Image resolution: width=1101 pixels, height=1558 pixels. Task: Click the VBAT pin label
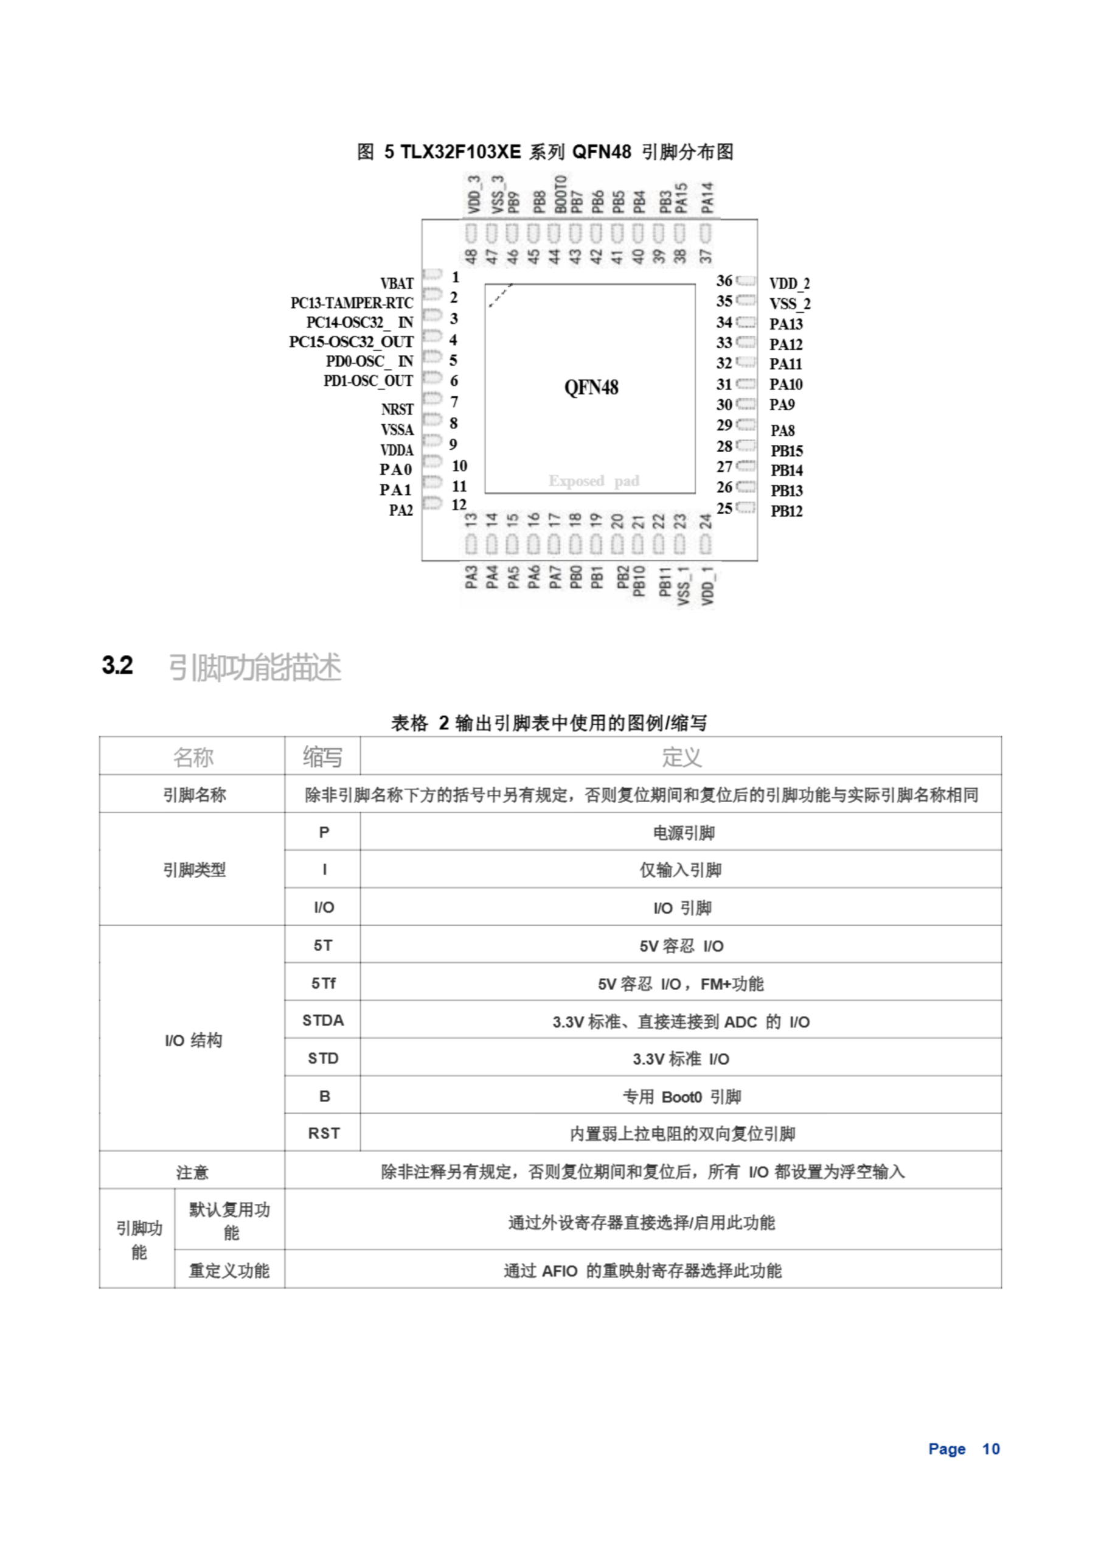click(x=396, y=284)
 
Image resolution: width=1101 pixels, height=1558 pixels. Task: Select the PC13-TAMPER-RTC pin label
click(x=352, y=302)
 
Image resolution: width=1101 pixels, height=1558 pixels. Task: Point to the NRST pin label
click(x=397, y=409)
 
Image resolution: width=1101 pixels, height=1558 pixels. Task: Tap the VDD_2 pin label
click(x=789, y=284)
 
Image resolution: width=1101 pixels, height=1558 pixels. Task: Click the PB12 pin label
click(x=787, y=511)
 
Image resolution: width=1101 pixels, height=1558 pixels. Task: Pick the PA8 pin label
click(x=782, y=430)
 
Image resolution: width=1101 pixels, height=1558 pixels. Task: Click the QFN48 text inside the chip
click(x=591, y=388)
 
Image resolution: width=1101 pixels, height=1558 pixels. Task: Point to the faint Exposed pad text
click(x=594, y=481)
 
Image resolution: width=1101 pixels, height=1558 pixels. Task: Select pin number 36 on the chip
click(x=724, y=281)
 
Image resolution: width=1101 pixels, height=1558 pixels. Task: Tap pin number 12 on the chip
click(x=459, y=505)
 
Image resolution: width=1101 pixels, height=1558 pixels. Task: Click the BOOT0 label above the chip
click(x=560, y=194)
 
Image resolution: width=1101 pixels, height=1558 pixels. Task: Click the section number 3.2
click(x=117, y=666)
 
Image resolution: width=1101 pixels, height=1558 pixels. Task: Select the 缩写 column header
click(x=322, y=756)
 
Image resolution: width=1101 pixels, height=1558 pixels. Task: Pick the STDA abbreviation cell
click(x=323, y=1021)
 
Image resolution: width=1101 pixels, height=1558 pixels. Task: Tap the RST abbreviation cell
click(x=324, y=1133)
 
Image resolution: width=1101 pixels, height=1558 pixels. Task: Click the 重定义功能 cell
click(x=229, y=1270)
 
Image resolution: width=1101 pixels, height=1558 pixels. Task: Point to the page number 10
click(x=990, y=1448)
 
